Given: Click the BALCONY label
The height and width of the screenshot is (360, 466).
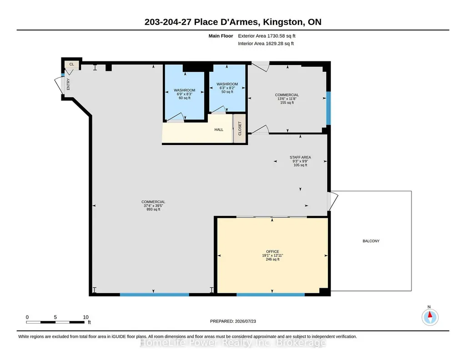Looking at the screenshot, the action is [371, 241].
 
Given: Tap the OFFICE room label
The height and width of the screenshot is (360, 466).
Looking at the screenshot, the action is [272, 251].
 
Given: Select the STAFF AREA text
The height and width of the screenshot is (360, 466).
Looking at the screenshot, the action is [300, 157].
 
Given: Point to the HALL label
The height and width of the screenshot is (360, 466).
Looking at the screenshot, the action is [219, 130].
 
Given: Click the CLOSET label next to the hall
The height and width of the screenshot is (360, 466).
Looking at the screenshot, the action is [240, 129].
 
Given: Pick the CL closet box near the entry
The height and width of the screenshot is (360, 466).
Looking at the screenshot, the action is [72, 64].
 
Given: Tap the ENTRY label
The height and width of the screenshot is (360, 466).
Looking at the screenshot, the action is [68, 84].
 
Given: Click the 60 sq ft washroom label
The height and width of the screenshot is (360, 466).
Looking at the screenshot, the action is [185, 94].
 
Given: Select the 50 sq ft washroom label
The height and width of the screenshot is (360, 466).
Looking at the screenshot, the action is [227, 88].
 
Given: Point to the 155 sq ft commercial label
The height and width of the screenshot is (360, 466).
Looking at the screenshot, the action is [287, 99].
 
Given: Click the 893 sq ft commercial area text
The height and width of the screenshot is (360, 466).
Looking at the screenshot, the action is [153, 205].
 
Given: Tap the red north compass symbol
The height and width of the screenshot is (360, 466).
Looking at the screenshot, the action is [430, 317].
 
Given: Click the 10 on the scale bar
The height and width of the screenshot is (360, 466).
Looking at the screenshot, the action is [85, 317].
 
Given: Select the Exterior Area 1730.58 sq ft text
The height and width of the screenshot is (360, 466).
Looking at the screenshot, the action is [266, 36].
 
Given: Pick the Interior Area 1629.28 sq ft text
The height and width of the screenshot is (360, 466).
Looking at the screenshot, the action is [266, 43].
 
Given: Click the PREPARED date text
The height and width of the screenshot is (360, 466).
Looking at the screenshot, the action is [233, 321].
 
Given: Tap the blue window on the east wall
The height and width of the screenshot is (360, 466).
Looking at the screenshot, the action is [328, 108].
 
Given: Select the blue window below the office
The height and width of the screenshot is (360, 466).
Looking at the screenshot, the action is [271, 295].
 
